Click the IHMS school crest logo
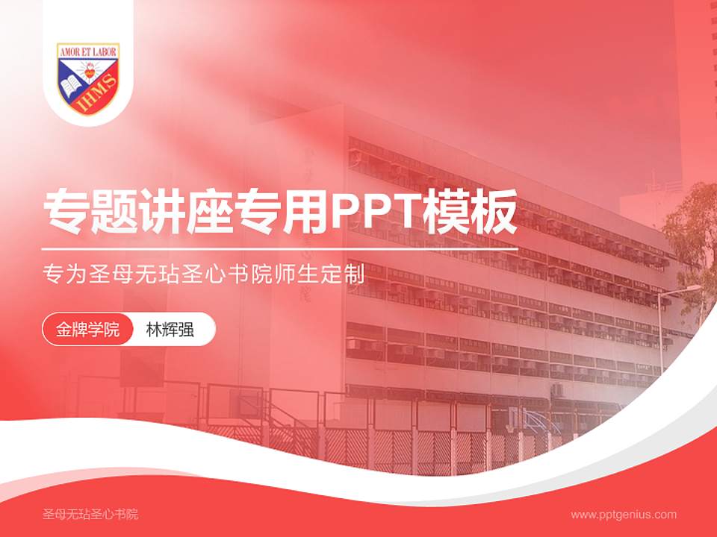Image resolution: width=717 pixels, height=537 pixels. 88,78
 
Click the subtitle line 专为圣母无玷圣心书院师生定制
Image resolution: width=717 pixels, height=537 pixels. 204,274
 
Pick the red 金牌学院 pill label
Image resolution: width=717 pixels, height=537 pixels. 87,330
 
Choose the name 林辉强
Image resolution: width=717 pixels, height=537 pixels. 170,330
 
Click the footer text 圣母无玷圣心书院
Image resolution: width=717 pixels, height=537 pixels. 90,514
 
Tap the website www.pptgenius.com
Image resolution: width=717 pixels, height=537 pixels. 624,514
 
